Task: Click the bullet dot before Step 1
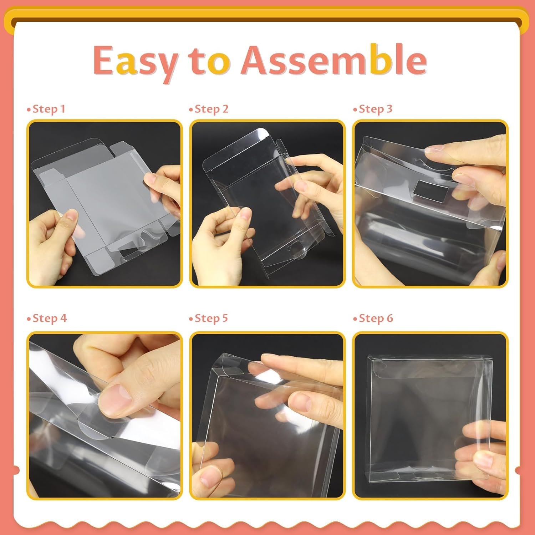click(x=29, y=110)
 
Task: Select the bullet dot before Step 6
click(x=355, y=319)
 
